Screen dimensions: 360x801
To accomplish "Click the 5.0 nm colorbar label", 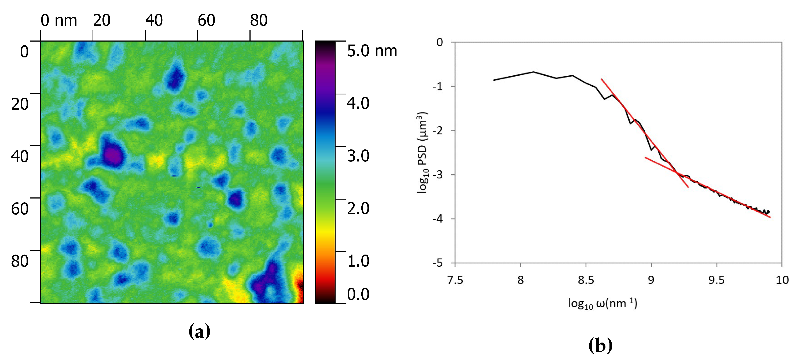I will click(x=372, y=51).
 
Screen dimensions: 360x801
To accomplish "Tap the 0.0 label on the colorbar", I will click(x=358, y=294).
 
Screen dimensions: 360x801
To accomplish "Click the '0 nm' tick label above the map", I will click(x=59, y=20).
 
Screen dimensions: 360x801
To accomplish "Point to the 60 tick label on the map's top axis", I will click(x=206, y=20).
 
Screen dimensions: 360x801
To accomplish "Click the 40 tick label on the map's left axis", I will click(x=20, y=156).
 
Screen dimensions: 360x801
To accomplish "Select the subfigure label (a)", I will click(x=199, y=331).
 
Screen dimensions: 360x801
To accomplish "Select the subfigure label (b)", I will click(x=600, y=346).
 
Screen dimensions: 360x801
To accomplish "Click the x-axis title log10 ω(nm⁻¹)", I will click(x=602, y=303).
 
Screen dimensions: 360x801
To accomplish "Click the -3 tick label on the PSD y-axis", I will click(x=438, y=175).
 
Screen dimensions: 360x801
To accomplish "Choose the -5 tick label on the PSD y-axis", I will click(x=438, y=263).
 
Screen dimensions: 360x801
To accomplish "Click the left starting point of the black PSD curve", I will click(x=494, y=80).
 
